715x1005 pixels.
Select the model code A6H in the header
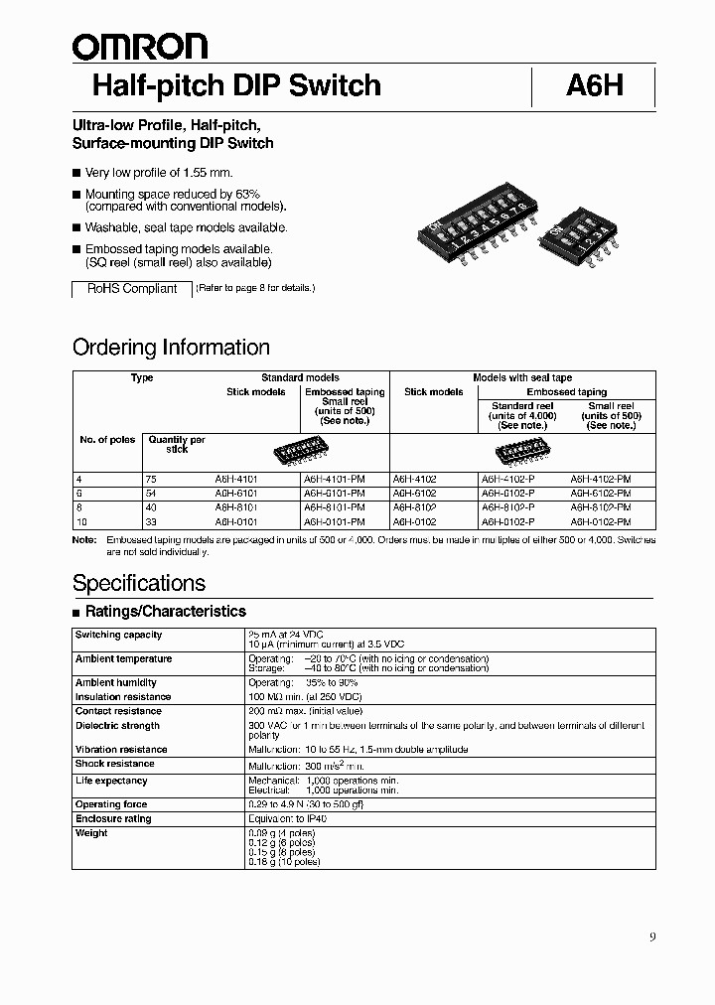point(594,86)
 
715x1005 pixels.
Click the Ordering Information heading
point(171,348)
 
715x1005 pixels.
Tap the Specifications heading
point(139,583)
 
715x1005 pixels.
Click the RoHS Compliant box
point(132,289)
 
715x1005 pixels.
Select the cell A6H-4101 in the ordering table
point(238,479)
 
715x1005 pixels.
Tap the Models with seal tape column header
point(522,378)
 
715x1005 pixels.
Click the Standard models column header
point(300,378)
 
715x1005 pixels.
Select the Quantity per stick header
point(177,444)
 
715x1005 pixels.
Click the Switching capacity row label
point(118,635)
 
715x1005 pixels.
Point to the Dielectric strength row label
point(117,726)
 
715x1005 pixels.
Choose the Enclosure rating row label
point(113,818)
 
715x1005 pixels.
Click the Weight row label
point(91,833)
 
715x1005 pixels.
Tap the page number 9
point(651,936)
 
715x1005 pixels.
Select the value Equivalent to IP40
point(288,818)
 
